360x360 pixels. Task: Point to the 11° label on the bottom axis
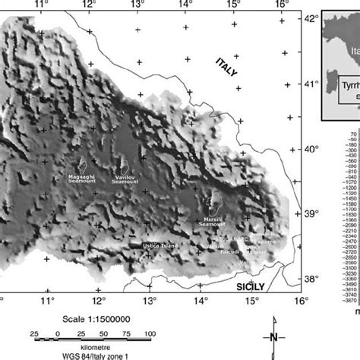[x=47, y=301]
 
